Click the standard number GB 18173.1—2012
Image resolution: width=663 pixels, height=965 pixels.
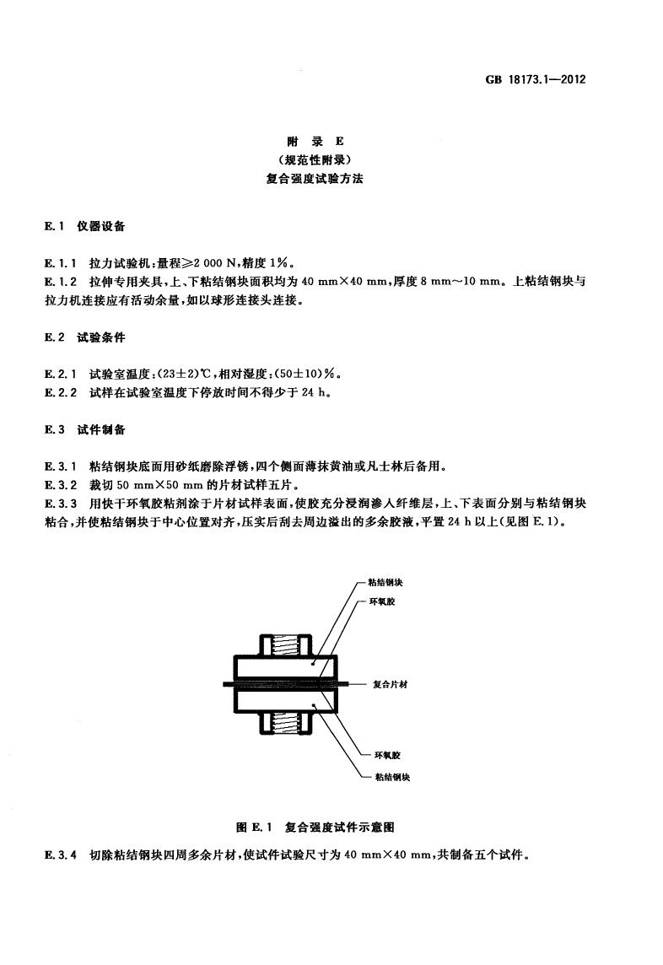535,79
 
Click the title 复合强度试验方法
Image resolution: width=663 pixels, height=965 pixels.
315,179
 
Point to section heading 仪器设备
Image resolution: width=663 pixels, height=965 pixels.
101,226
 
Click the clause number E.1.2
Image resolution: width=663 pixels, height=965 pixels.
61,282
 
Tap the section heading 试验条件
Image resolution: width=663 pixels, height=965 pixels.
101,337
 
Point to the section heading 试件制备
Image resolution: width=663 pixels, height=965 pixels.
101,429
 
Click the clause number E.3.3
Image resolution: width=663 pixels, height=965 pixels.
61,504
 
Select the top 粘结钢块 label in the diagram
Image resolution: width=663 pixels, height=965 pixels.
385,582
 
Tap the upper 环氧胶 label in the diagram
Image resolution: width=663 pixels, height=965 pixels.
382,602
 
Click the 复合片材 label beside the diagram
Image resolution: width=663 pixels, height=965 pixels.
391,684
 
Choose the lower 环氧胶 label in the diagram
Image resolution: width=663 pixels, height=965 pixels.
388,755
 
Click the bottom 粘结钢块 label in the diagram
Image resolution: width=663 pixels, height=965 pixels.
393,777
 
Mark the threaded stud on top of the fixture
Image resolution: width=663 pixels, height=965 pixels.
286,645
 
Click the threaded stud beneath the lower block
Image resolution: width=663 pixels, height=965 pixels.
286,722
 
